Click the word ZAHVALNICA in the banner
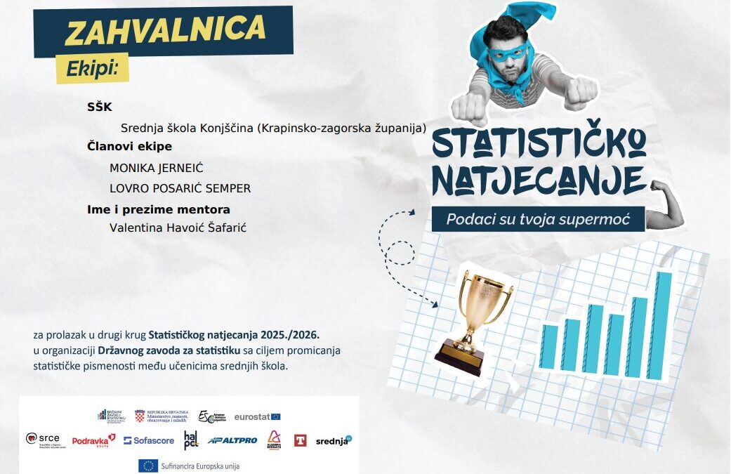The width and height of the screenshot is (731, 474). [165, 30]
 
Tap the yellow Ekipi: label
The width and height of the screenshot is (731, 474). [93, 69]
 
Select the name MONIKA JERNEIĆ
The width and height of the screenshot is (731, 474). [157, 168]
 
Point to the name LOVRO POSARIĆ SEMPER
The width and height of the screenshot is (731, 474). [180, 188]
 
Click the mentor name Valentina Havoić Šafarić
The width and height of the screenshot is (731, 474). [178, 227]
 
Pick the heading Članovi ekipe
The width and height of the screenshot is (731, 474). [130, 146]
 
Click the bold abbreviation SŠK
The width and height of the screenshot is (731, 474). [100, 107]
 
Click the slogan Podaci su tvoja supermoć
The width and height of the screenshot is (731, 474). [537, 219]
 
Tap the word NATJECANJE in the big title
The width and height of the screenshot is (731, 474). [539, 180]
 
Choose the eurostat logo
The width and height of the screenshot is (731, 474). [257, 416]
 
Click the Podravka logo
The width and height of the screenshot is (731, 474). [93, 440]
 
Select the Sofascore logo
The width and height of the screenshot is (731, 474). [149, 440]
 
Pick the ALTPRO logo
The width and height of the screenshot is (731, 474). [232, 440]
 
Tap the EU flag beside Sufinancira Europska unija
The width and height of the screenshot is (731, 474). [147, 465]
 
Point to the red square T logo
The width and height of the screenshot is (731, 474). [300, 440]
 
